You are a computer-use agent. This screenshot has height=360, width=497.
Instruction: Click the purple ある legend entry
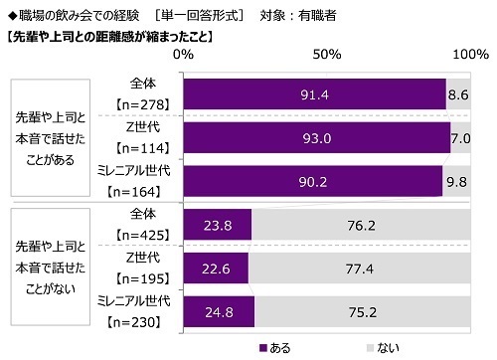[277, 347]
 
